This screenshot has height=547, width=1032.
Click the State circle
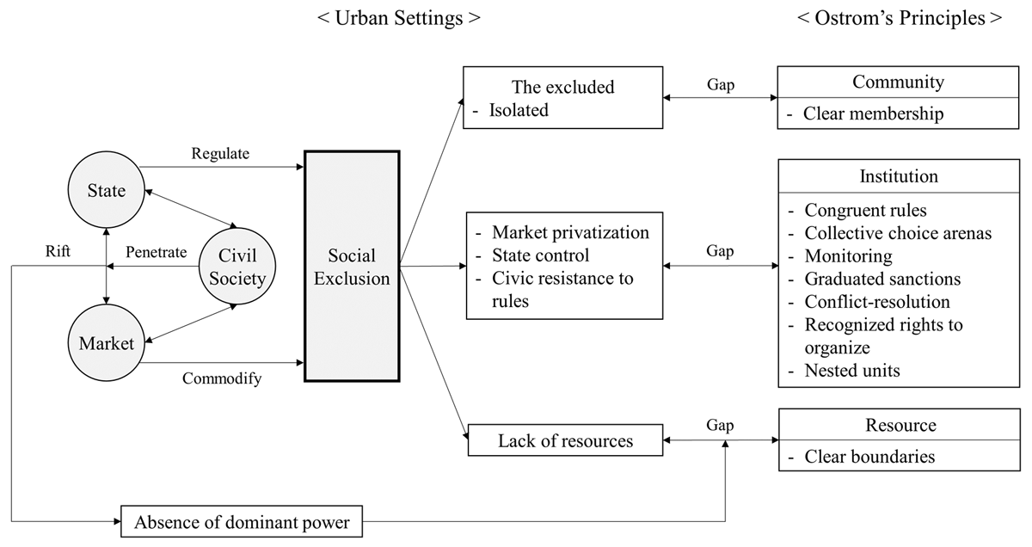coord(106,191)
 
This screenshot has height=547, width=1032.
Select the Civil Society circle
coord(236,267)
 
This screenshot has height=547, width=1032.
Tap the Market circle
coord(107,343)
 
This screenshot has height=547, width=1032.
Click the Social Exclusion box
coord(351,267)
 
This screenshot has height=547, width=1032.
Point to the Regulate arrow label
coord(220,154)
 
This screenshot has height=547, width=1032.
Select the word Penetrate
coord(157,253)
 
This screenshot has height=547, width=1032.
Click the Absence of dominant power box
coord(241,520)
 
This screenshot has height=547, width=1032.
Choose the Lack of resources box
coord(565,441)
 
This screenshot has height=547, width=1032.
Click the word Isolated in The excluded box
coord(519,110)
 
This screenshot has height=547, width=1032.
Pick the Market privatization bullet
coord(570,233)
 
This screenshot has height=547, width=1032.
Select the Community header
coord(898,83)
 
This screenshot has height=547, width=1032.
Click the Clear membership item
coord(873,114)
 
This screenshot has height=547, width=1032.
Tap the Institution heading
coord(899,176)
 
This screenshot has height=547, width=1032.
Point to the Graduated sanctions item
coord(882,279)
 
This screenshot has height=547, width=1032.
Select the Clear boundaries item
coord(869,457)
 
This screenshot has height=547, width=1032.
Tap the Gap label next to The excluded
coord(721,85)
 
